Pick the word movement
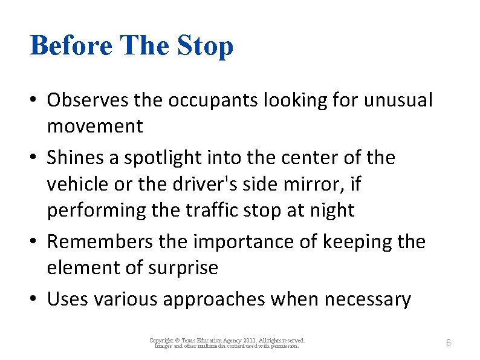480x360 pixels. [x=95, y=126]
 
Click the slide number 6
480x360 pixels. [x=448, y=343]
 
